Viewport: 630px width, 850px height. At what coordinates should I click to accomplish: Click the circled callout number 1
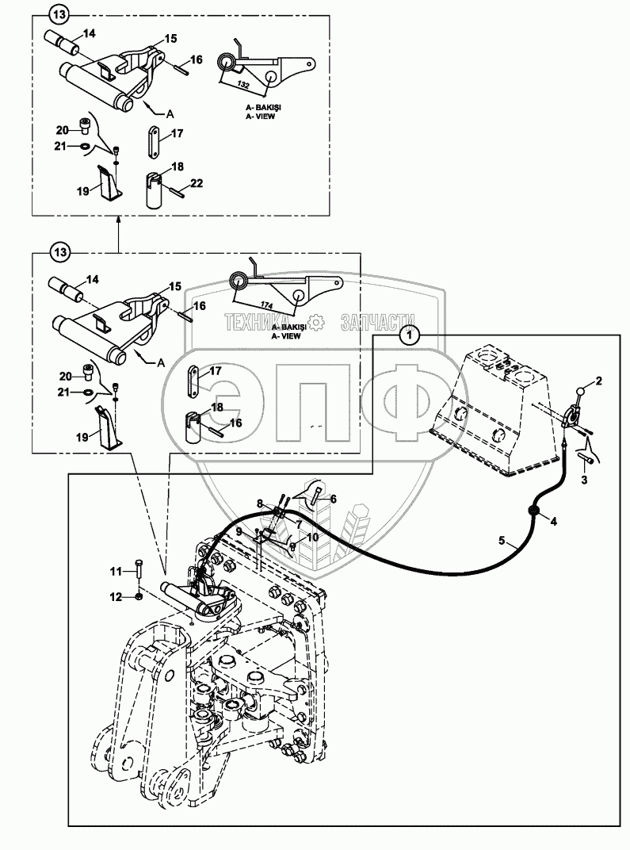409,335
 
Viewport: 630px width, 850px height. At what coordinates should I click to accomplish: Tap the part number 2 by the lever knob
599,381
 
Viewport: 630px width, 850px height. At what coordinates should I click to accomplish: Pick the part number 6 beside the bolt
334,499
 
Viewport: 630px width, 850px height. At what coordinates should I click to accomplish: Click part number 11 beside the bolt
116,571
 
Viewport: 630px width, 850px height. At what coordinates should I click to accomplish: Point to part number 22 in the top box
197,183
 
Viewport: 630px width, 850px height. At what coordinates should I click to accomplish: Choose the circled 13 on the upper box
59,13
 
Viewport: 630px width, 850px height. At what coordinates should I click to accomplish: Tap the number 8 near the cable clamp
258,502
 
